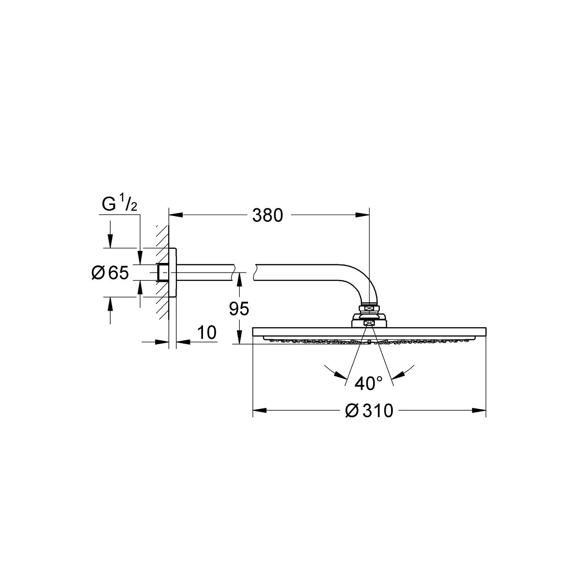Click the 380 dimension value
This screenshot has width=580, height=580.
(x=268, y=216)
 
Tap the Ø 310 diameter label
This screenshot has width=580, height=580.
(x=369, y=410)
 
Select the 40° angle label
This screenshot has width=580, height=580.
(x=368, y=383)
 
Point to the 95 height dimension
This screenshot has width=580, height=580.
(x=239, y=309)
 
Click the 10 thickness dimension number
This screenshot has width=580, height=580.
(x=207, y=332)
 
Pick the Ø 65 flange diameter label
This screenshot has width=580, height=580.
(x=110, y=273)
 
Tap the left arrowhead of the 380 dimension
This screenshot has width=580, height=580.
(x=176, y=215)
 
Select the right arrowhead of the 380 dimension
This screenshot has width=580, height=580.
(x=362, y=215)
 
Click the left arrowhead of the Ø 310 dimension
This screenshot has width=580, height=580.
(x=260, y=410)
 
